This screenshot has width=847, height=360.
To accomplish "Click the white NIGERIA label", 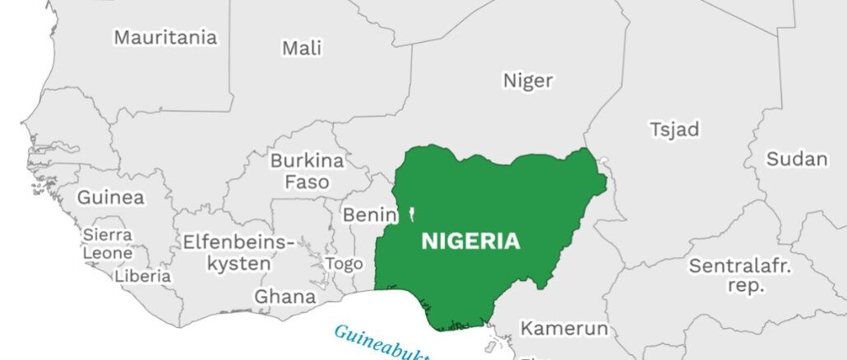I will click(470, 242).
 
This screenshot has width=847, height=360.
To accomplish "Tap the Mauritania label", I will click(165, 37).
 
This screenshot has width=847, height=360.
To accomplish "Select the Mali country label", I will click(302, 48).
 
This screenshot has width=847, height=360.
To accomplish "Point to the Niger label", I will click(528, 81).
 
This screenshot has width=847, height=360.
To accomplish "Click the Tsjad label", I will click(674, 130).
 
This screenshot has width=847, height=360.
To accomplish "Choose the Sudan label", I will click(797, 159).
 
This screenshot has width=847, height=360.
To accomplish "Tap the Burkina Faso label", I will click(307, 171).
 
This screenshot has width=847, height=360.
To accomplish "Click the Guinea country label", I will click(110, 197).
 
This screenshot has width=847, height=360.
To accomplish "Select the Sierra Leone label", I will click(107, 244).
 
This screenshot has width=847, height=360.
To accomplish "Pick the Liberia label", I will click(143, 276).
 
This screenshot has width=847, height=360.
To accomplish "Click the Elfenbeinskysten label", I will click(238, 252).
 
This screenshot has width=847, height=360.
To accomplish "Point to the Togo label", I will click(344, 264).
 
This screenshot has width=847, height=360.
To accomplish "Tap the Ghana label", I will click(285, 296).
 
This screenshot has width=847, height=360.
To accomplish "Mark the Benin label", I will click(370, 215).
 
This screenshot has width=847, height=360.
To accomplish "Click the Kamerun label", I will click(564, 329).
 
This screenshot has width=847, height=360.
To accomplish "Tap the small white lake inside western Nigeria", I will click(410, 216).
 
